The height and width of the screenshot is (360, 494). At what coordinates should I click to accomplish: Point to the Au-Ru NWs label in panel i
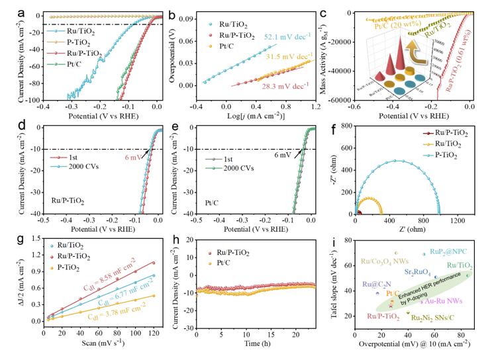(x=442, y=302)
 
